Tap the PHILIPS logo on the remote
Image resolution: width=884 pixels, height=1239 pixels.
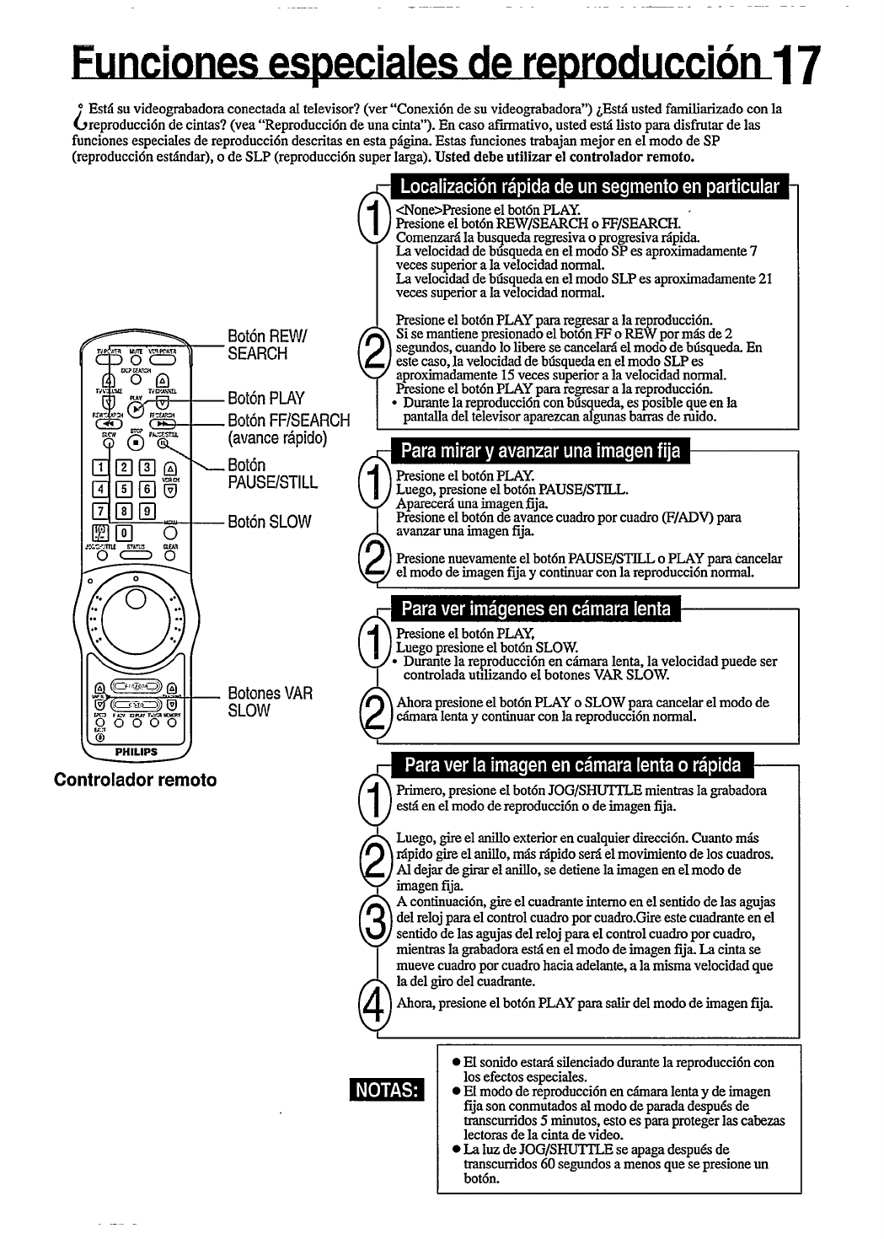coord(136,752)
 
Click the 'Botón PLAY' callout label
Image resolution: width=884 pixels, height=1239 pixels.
coord(265,398)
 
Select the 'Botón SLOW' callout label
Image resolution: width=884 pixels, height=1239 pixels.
coord(269,522)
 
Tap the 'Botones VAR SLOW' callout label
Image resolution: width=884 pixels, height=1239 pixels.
coord(270,701)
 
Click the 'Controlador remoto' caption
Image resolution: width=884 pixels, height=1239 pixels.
coord(136,780)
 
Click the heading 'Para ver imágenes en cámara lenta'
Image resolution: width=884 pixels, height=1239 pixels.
coord(536,609)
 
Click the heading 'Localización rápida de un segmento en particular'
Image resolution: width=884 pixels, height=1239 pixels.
coord(589,187)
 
